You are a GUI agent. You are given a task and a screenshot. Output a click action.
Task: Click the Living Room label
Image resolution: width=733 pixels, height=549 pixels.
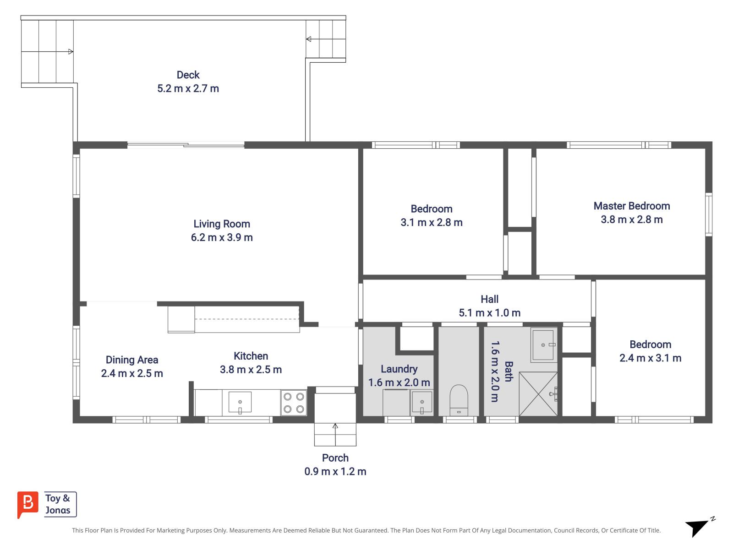coord(222,224)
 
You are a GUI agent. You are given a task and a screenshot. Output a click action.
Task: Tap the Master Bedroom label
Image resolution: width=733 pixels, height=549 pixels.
coord(632,206)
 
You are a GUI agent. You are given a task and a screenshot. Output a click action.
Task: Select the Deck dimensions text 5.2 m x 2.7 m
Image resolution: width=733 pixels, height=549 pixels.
coord(188,88)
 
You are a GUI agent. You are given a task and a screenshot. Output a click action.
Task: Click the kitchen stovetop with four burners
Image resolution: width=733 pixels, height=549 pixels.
coord(294,403)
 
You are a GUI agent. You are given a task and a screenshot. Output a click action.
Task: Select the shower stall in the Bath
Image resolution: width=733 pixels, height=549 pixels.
coord(538,393)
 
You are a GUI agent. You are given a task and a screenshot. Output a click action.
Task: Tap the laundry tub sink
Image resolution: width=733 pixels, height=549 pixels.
coord(421,403)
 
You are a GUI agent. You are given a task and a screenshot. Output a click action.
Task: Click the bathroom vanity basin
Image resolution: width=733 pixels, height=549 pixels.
coord(544,344)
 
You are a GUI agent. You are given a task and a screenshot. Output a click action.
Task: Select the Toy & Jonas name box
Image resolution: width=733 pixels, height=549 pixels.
coord(60,504)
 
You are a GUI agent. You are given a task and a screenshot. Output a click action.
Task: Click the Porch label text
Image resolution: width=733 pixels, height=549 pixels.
coord(335,458)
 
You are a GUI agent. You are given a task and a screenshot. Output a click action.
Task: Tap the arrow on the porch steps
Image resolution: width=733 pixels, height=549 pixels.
coord(335,426)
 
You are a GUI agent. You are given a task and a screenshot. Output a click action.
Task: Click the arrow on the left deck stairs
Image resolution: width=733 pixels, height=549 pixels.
coord(70,52)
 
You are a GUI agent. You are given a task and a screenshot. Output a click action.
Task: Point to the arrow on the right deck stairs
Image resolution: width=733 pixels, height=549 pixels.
coord(309,39)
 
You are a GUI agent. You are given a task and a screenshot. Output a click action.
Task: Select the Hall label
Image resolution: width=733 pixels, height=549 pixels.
coord(489,299)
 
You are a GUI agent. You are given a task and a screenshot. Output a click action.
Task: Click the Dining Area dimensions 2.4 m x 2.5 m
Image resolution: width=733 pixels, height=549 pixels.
coord(132,373)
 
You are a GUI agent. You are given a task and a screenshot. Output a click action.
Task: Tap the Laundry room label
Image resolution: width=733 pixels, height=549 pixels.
coord(399,369)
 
